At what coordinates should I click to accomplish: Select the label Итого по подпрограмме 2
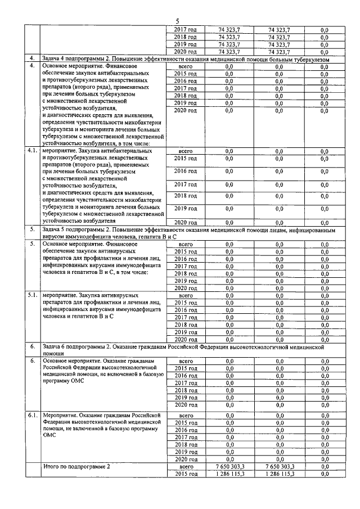(76, 466)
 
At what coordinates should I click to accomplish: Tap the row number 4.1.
(32, 151)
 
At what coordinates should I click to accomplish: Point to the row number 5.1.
(32, 294)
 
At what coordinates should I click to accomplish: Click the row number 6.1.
(32, 415)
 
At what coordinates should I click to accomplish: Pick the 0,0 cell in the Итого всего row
(324, 467)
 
